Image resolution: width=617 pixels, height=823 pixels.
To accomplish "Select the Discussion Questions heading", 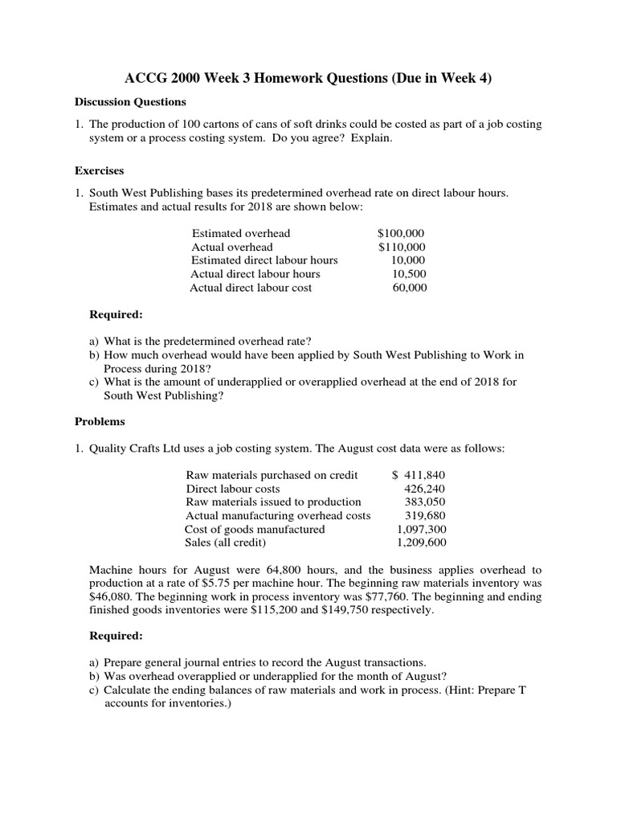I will [130, 102].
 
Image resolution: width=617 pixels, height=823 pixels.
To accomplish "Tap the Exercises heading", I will [99, 171].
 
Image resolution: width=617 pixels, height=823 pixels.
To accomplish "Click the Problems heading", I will [100, 421].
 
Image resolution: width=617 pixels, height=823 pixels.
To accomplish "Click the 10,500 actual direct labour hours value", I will [408, 274].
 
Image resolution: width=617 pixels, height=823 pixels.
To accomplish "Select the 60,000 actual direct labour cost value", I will [409, 288].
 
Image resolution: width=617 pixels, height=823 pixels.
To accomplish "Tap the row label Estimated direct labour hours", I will [264, 260].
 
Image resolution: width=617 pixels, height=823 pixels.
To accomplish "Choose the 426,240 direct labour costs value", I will [423, 489].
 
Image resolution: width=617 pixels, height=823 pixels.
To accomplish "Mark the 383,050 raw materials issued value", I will [423, 502].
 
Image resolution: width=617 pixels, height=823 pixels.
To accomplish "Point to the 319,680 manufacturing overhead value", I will [423, 515].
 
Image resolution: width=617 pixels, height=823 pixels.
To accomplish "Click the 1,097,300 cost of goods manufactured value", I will [421, 529].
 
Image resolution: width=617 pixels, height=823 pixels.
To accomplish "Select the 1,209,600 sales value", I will [421, 543].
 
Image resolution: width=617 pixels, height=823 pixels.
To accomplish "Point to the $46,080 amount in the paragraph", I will [110, 596].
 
